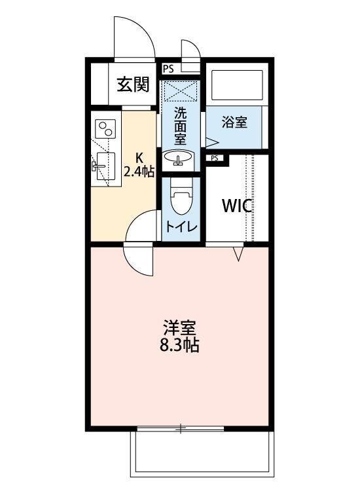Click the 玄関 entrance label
(x=134, y=84)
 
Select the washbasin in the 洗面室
(x=177, y=158)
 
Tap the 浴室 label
(x=234, y=122)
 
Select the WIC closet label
(x=236, y=206)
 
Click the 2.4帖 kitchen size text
(x=139, y=173)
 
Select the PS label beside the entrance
(x=168, y=68)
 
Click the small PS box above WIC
(x=215, y=158)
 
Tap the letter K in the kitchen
(x=139, y=157)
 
